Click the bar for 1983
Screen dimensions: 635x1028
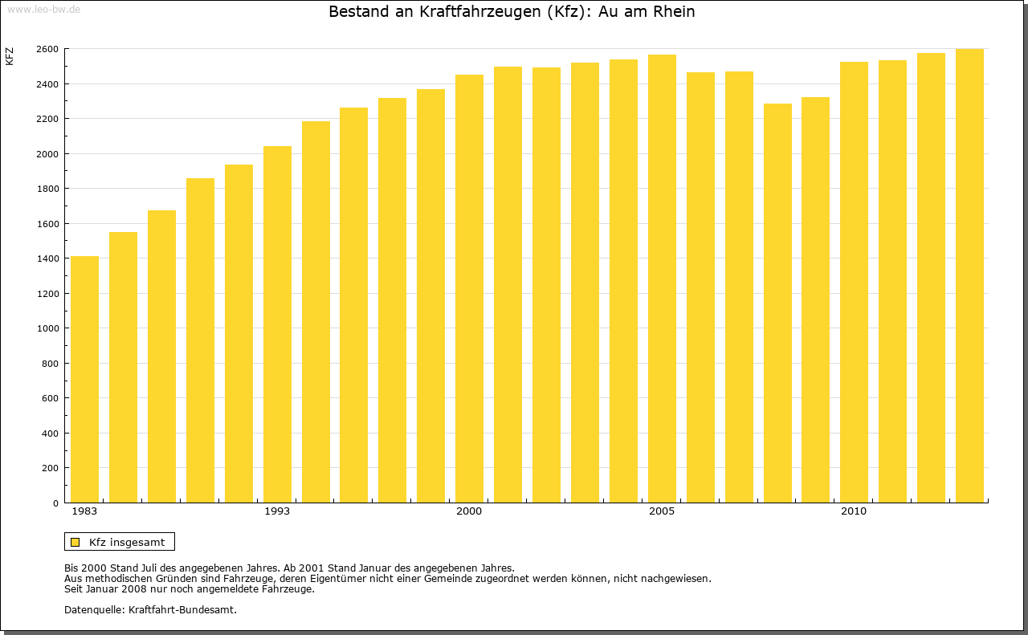84,379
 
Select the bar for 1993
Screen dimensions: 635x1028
277,324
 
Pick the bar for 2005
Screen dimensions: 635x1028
662,279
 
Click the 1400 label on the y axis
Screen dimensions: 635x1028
47,258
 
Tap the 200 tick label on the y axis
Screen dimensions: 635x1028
50,468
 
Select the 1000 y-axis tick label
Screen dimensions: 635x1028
47,328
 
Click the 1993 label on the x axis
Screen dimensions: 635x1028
277,511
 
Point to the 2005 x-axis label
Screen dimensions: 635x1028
662,511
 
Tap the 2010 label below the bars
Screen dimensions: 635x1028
854,511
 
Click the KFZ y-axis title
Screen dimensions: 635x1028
10,56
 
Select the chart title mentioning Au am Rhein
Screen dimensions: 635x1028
512,12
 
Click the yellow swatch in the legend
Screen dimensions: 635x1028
75,542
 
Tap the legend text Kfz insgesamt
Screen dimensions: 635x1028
127,542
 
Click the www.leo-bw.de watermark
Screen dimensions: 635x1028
43,8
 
